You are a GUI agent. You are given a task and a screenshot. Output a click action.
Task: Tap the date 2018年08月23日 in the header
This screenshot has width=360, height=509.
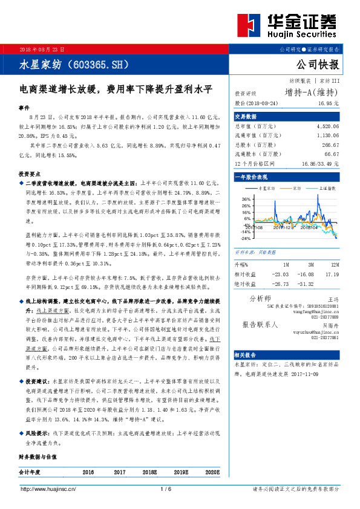[42, 48]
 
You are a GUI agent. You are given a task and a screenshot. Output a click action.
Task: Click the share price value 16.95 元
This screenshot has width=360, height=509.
[328, 103]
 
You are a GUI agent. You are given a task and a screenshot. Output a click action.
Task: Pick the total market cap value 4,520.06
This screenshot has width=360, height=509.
[327, 126]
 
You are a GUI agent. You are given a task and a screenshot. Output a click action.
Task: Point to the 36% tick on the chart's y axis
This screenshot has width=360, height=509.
[246, 199]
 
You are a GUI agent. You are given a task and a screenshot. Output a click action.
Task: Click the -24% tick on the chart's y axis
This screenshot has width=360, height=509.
[245, 238]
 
